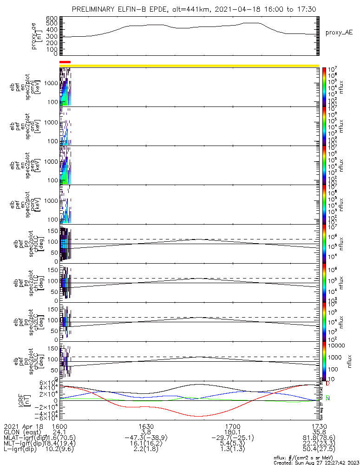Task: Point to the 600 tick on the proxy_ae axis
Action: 52,18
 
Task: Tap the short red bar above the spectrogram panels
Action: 65,61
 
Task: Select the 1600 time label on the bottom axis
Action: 60,426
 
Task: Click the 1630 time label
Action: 146,426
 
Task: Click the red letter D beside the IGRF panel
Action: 327,384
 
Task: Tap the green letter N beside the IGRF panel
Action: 327,398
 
